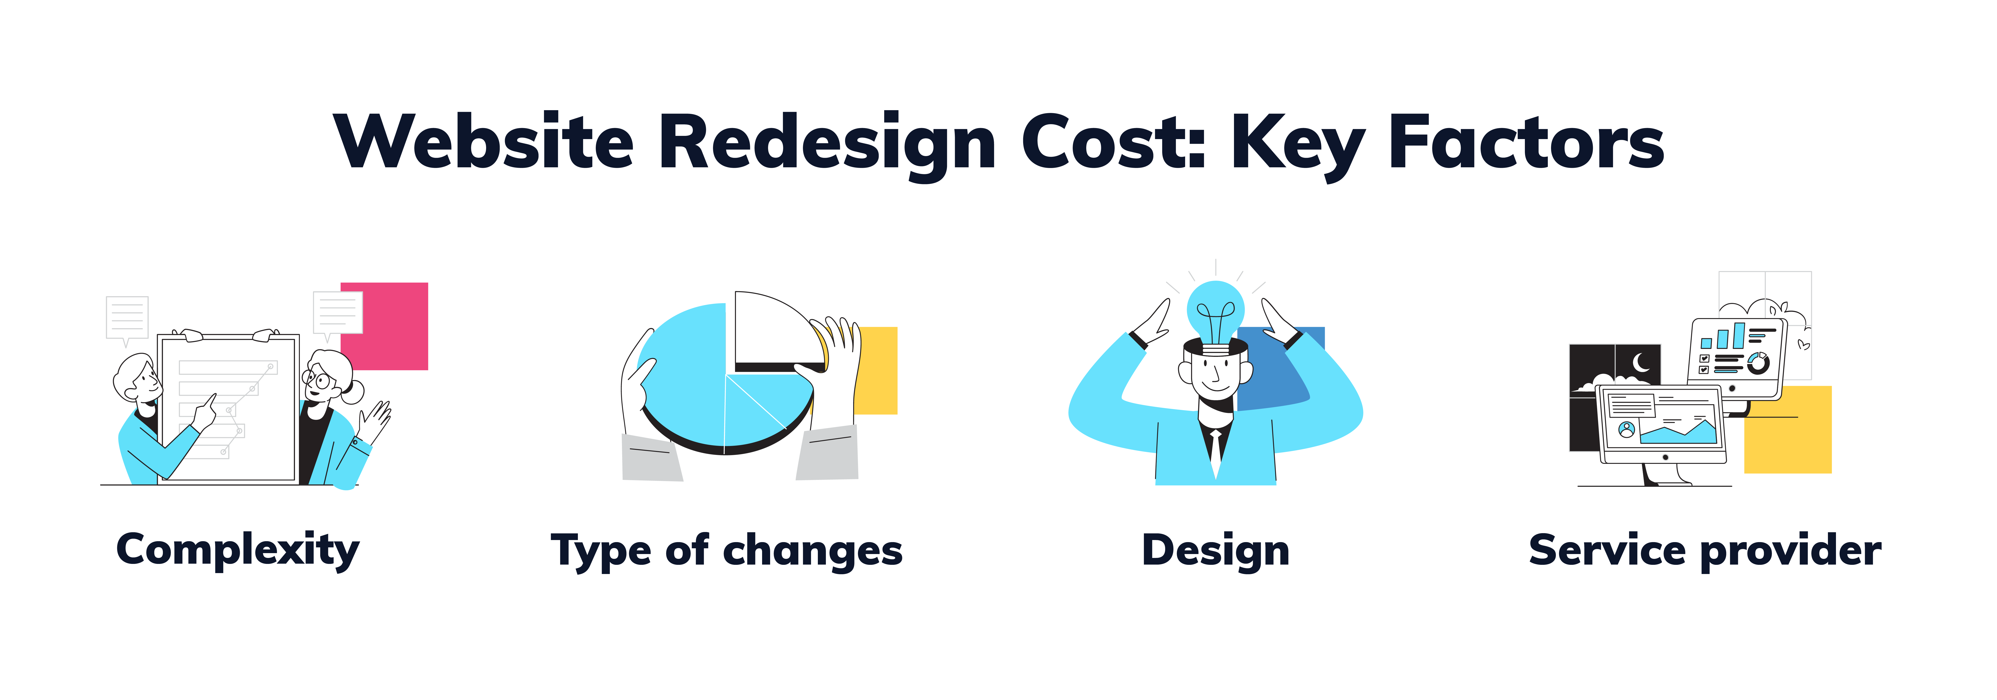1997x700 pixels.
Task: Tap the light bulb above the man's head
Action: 1216,316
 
